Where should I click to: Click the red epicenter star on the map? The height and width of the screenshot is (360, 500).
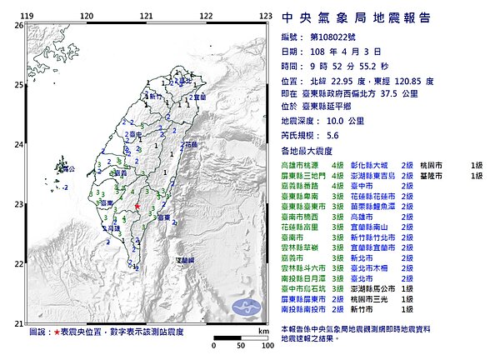click(x=137, y=206)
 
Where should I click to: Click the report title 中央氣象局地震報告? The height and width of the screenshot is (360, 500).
click(x=356, y=17)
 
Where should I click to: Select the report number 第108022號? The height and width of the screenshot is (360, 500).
click(x=330, y=37)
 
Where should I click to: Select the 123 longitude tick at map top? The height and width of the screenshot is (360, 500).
click(x=266, y=16)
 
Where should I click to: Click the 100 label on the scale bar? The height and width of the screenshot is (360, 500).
click(x=265, y=343)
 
